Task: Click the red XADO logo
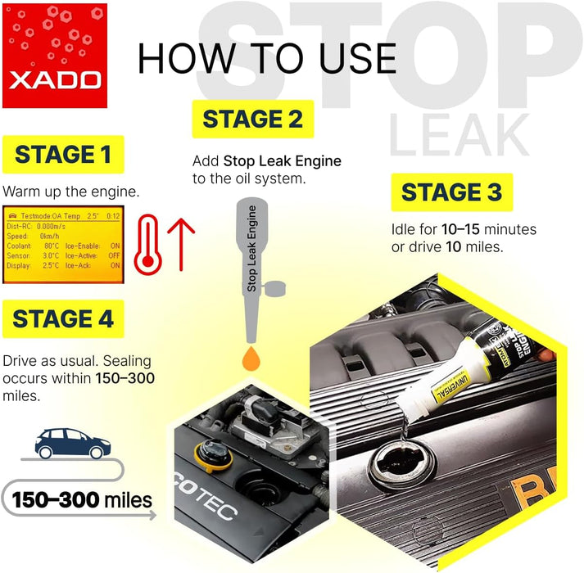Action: [55, 56]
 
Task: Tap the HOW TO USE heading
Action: [267, 58]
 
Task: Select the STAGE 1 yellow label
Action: [63, 155]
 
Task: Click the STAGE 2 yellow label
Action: [252, 119]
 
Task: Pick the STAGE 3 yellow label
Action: [451, 193]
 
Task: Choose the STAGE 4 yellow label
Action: [63, 319]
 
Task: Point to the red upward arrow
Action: [179, 244]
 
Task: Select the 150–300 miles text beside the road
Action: [81, 499]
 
